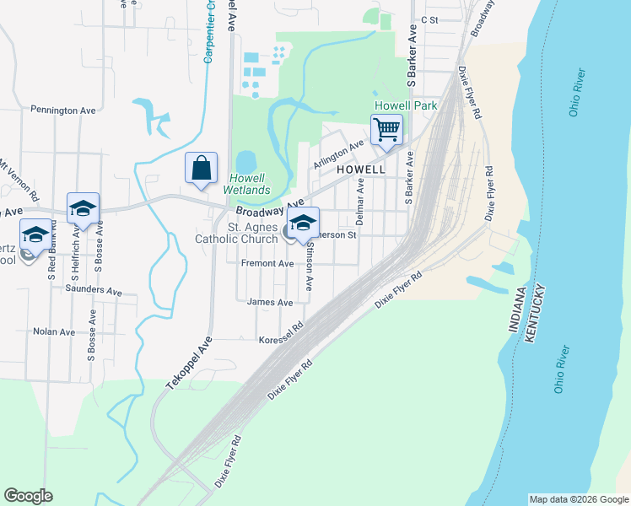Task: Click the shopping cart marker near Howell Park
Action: click(x=386, y=130)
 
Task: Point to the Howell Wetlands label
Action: click(x=249, y=184)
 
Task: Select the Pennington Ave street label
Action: click(x=63, y=110)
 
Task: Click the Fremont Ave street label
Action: click(x=267, y=264)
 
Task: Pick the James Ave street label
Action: click(x=270, y=302)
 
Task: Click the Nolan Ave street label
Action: click(x=54, y=331)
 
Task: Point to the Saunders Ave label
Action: click(x=94, y=290)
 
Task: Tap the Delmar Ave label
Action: click(x=360, y=202)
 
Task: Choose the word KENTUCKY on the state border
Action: click(x=535, y=315)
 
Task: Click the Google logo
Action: click(x=28, y=496)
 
